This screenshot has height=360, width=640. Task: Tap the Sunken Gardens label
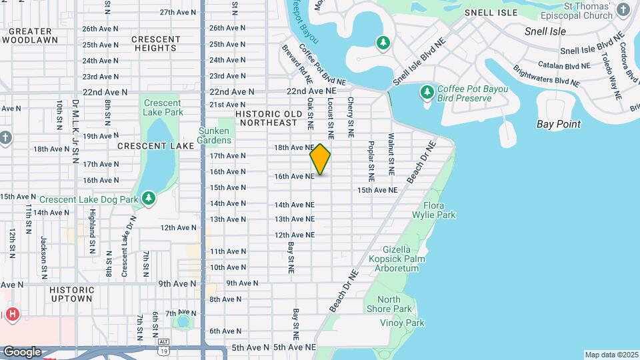click(214, 135)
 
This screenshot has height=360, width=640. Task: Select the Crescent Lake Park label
click(163, 108)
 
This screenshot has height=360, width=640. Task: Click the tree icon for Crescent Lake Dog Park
click(149, 199)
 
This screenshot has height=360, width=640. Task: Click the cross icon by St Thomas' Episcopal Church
click(623, 9)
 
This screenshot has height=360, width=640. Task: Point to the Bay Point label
click(558, 124)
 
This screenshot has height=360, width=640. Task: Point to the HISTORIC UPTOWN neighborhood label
click(71, 294)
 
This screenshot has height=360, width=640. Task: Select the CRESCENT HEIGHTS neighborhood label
click(157, 43)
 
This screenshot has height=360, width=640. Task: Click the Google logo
click(22, 351)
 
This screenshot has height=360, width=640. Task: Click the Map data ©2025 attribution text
click(611, 355)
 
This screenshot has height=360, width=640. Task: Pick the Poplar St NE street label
click(371, 161)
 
